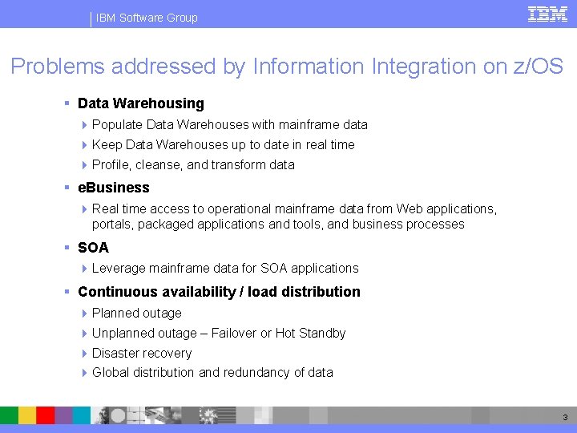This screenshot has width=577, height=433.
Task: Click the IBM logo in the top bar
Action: (x=547, y=14)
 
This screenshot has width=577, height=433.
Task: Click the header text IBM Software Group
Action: (x=147, y=18)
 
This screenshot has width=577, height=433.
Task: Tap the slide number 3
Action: (x=564, y=417)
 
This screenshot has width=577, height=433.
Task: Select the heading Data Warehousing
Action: (x=141, y=103)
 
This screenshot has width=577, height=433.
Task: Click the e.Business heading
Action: (x=114, y=188)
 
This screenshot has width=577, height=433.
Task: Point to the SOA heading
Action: (x=93, y=248)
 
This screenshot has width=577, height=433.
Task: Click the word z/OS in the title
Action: (x=538, y=67)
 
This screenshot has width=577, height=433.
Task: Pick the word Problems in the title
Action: (x=58, y=67)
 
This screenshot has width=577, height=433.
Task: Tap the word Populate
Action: (x=117, y=125)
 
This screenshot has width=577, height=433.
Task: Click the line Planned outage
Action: (x=137, y=314)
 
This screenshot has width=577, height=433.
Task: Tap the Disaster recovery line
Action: (x=142, y=354)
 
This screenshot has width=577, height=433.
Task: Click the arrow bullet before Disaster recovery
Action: (x=85, y=354)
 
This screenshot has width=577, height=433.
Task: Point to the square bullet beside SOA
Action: (x=69, y=248)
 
